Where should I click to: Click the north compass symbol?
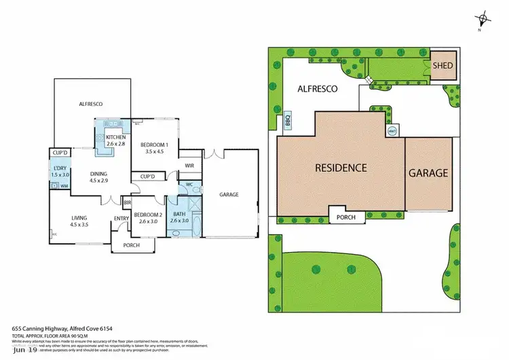[x=483, y=19]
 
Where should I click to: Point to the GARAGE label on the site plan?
[x=428, y=173]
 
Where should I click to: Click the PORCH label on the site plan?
[x=345, y=217]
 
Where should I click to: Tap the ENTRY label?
[x=121, y=218]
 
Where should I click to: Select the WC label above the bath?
[x=189, y=184]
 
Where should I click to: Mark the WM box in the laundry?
[x=64, y=185]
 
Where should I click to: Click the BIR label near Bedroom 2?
[x=127, y=202]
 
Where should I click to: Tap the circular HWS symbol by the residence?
[x=392, y=130]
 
